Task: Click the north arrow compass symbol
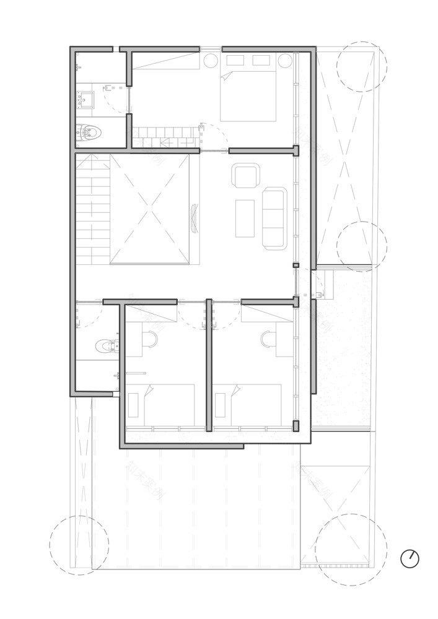pyautogui.click(x=410, y=558)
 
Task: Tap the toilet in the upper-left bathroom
pyautogui.click(x=90, y=131)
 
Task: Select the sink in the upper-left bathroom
pyautogui.click(x=85, y=100)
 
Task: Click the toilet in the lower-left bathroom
pyautogui.click(x=107, y=344)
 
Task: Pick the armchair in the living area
pyautogui.click(x=246, y=176)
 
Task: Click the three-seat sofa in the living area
pyautogui.click(x=274, y=219)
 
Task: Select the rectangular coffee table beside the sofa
pyautogui.click(x=245, y=218)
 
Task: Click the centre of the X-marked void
pyautogui.click(x=150, y=209)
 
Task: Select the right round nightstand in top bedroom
pyautogui.click(x=284, y=61)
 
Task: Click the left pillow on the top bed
pyautogui.click(x=235, y=60)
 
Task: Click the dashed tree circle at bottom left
pyautogui.click(x=79, y=545)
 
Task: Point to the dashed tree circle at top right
pyautogui.click(x=361, y=66)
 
